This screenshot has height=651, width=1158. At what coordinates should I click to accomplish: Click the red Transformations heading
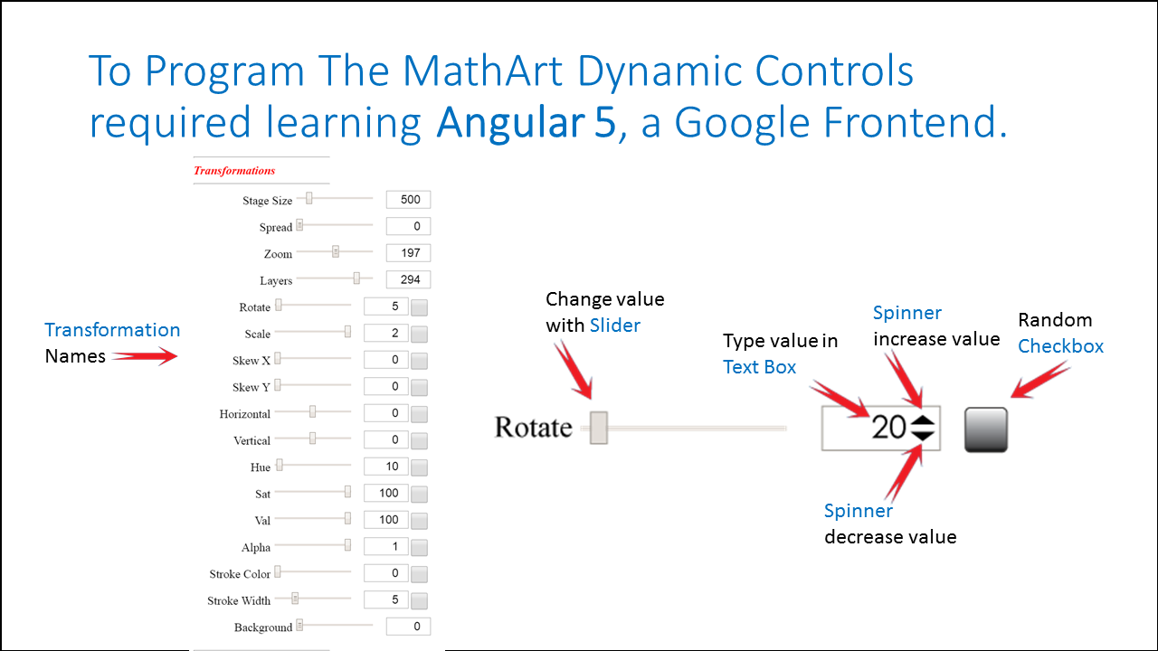234,171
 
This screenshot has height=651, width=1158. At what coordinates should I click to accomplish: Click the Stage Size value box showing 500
408,200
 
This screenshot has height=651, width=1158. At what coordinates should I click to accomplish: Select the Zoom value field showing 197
408,252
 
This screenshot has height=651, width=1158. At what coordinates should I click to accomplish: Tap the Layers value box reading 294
408,279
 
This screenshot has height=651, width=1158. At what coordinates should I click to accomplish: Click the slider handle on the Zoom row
336,251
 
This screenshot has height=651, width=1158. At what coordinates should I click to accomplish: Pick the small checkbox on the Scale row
419,334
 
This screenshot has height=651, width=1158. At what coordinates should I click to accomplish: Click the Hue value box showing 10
385,467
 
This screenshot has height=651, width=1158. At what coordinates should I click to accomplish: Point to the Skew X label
252,361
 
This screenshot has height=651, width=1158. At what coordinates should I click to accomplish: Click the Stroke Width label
239,600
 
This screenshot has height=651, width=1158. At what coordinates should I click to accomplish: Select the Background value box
408,627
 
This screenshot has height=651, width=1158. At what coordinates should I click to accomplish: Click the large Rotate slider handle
599,428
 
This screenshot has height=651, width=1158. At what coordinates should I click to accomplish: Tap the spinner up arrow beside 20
923,420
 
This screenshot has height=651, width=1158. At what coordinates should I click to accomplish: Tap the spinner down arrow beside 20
923,435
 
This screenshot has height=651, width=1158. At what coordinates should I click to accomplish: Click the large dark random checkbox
986,429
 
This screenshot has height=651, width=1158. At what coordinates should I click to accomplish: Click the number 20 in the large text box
888,428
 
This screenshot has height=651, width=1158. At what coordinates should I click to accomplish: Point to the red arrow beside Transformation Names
145,355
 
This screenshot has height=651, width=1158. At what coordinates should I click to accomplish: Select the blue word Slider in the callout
614,325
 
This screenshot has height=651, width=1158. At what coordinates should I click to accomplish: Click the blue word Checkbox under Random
1060,346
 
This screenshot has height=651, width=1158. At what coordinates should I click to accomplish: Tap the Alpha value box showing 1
385,547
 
